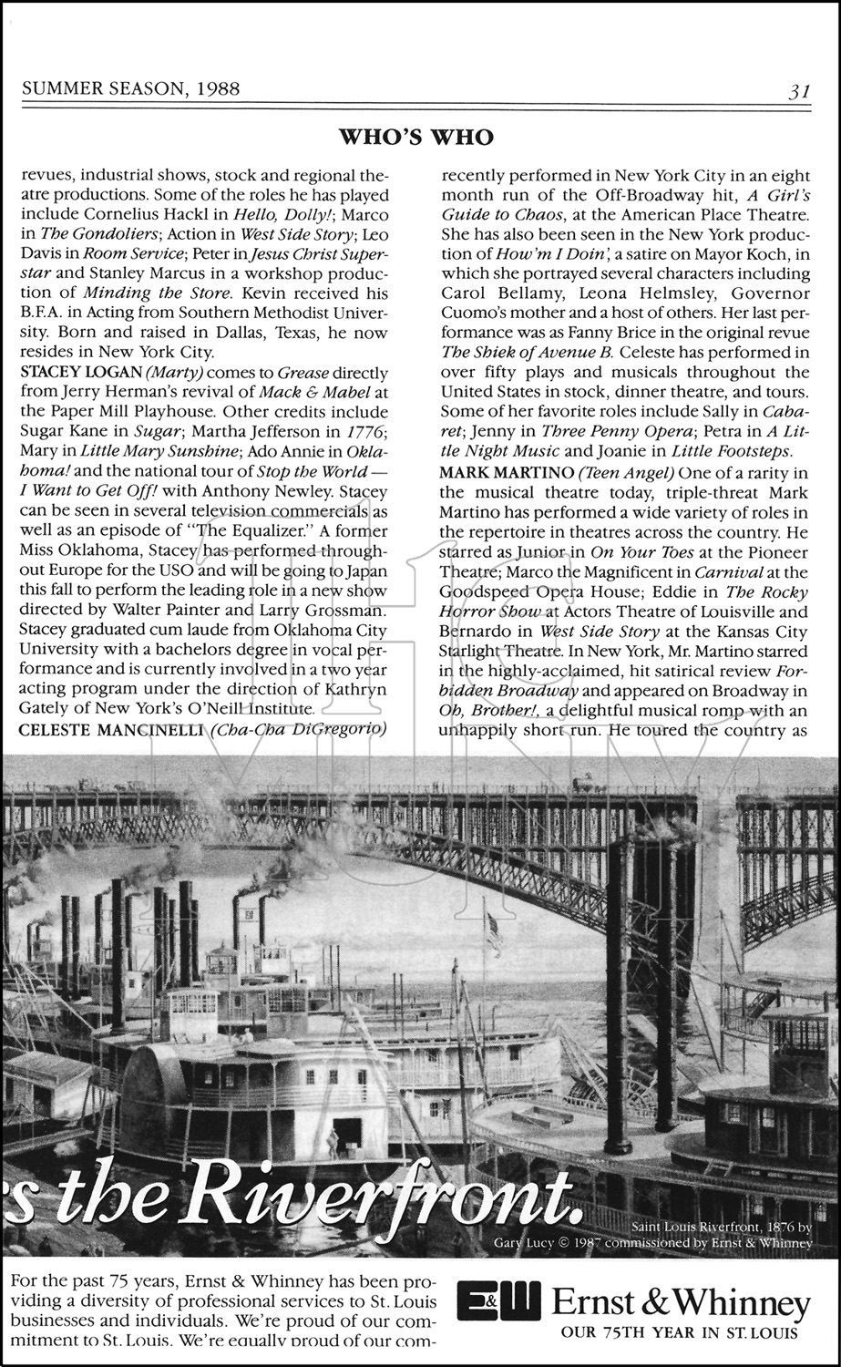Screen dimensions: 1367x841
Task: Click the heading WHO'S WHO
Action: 416,137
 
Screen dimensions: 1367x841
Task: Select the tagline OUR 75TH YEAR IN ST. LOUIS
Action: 679,1333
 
